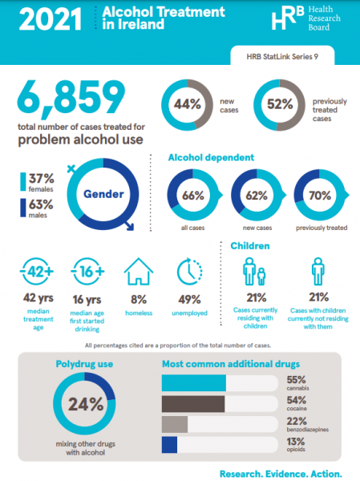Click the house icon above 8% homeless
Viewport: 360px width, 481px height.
click(139, 272)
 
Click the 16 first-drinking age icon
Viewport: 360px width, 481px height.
click(88, 272)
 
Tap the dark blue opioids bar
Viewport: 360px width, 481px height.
click(169, 445)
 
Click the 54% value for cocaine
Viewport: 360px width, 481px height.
click(297, 399)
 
